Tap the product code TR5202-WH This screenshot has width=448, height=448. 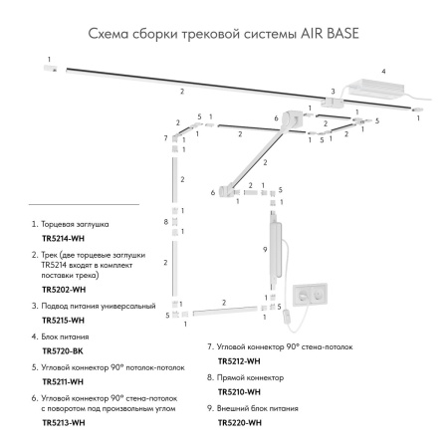tap(63, 289)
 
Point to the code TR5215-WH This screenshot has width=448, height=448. tap(63, 321)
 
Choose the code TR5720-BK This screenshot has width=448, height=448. tap(62, 351)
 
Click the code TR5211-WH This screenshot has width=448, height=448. tap(63, 382)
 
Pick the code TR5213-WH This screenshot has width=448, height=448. tap(63, 422)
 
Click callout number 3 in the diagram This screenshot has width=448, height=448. tap(335, 91)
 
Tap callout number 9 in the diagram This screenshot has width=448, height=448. tap(264, 249)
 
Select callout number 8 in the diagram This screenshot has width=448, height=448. tap(166, 221)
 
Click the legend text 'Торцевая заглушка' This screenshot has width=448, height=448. tap(80, 227)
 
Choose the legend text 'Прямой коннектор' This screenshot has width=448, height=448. tap(250, 378)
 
